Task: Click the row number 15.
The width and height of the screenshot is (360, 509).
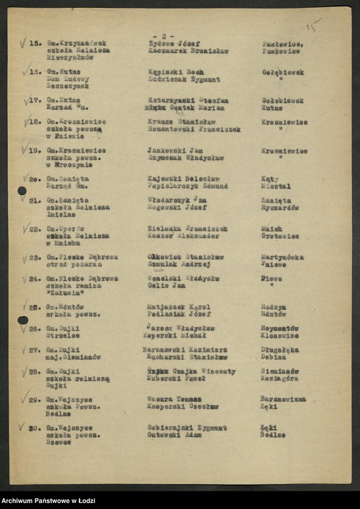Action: pos(35,44)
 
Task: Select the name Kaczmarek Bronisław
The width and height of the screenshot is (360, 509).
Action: pos(188,52)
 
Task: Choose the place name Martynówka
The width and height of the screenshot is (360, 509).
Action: pos(282,257)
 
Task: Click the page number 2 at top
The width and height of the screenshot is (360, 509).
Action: pos(164,36)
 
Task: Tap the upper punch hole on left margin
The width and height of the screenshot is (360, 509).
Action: pos(22,190)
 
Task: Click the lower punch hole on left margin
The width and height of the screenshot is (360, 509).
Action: pos(22,320)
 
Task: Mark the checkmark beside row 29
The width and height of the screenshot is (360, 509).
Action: pos(24,396)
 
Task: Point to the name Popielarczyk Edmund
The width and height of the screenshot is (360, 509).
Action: pos(187,186)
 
